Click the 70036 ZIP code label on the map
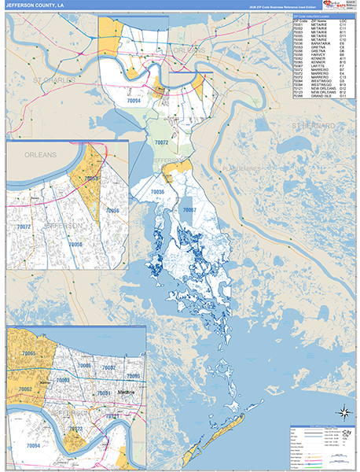pos(157,191)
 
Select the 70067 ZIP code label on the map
pos(189,210)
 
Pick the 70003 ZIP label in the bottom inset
pos(63,380)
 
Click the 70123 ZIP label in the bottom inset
pos(76,429)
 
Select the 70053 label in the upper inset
pos(91,179)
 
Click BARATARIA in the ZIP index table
pos(319,43)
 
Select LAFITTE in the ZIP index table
pos(317,66)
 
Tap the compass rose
pos(343,412)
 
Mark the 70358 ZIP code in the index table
pos(297,97)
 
